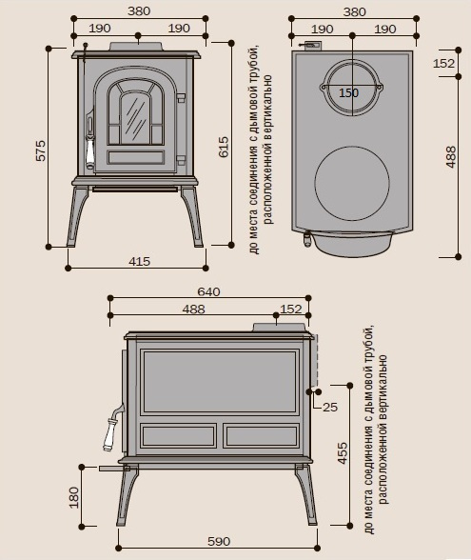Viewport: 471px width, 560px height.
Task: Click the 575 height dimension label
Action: [42, 150]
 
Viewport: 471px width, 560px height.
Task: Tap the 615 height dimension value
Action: [224, 147]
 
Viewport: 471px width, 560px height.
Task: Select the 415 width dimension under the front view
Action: [139, 261]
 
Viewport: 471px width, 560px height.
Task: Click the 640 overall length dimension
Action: [208, 291]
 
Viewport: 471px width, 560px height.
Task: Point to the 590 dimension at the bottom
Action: [219, 541]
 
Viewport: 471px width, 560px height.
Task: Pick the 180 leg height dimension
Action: [73, 497]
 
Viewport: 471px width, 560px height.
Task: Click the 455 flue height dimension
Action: [343, 453]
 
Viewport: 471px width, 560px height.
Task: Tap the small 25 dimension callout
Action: [330, 407]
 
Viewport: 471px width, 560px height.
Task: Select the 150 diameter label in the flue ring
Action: [348, 93]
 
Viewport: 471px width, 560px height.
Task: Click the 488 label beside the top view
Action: [451, 157]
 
